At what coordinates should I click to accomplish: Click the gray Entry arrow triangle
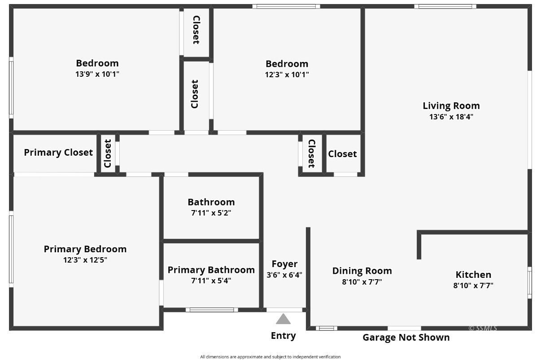[x=283, y=320]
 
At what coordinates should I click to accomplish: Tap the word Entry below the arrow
[x=283, y=336]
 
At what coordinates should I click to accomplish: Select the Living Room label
[x=451, y=105]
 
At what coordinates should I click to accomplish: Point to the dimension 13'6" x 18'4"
[x=451, y=117]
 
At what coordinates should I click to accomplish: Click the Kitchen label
[x=473, y=274]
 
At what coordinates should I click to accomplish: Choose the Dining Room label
[x=362, y=271]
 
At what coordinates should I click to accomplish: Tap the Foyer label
[x=284, y=264]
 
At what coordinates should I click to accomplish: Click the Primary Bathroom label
[x=211, y=270]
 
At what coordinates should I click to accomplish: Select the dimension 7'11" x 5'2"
[x=211, y=213]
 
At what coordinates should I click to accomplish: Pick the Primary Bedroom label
[x=85, y=249]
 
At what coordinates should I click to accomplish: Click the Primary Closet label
[x=58, y=153]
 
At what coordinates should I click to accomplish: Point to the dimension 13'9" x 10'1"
[x=97, y=74]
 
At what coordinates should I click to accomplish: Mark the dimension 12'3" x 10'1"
[x=287, y=75]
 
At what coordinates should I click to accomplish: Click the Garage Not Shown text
[x=406, y=338]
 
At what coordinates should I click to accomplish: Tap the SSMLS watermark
[x=483, y=328]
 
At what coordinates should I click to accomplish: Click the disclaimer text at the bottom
[x=270, y=357]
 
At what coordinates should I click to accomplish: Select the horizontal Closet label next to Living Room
[x=342, y=154]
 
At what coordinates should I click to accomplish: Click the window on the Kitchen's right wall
[x=529, y=283]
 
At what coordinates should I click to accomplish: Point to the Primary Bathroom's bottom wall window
[x=212, y=309]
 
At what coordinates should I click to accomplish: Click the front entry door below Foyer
[x=284, y=310]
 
